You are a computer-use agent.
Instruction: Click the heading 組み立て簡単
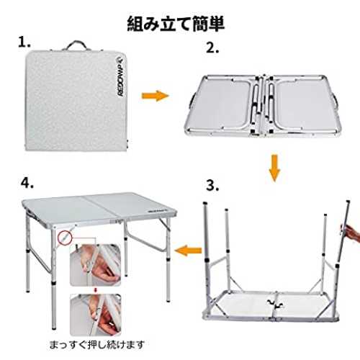pyautogui.click(x=176, y=24)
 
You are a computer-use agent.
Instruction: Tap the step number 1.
pyautogui.click(x=24, y=42)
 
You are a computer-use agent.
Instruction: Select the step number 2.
pyautogui.click(x=212, y=48)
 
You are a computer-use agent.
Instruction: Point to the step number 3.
pyautogui.click(x=212, y=186)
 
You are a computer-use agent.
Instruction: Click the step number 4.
pyautogui.click(x=27, y=183)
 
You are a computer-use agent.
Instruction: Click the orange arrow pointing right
pyautogui.click(x=156, y=96)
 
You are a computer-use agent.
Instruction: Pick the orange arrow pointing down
pyautogui.click(x=274, y=168)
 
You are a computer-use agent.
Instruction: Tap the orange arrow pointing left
pyautogui.click(x=188, y=251)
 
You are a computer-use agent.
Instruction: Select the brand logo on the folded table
pyautogui.click(x=120, y=76)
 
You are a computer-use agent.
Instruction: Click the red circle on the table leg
pyautogui.click(x=65, y=238)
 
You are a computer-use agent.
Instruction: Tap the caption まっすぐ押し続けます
pyautogui.click(x=97, y=345)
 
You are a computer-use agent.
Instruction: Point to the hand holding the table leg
pyautogui.click(x=351, y=231)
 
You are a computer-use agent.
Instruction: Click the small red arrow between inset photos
pyautogui.click(x=96, y=290)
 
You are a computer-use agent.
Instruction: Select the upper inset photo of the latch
pyautogui.click(x=95, y=265)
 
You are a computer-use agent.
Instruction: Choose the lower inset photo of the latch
pyautogui.click(x=96, y=315)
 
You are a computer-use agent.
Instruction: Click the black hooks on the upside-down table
pyautogui.click(x=275, y=304)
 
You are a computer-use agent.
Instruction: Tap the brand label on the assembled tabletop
pyautogui.click(x=158, y=211)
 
